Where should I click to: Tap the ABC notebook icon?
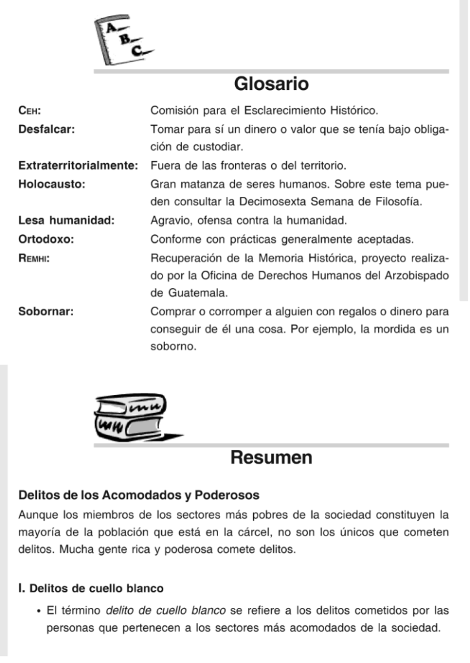[124, 40]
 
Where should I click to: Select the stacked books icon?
[133, 419]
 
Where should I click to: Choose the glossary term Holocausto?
[52, 183]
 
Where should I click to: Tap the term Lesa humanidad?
[66, 220]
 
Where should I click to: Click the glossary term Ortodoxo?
[45, 239]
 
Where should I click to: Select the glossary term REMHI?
[34, 258]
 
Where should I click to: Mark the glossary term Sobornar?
[45, 311]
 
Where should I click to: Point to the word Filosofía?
[399, 201]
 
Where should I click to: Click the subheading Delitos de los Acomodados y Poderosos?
[139, 495]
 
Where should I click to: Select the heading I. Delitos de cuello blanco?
[91, 589]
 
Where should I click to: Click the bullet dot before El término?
[40, 610]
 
